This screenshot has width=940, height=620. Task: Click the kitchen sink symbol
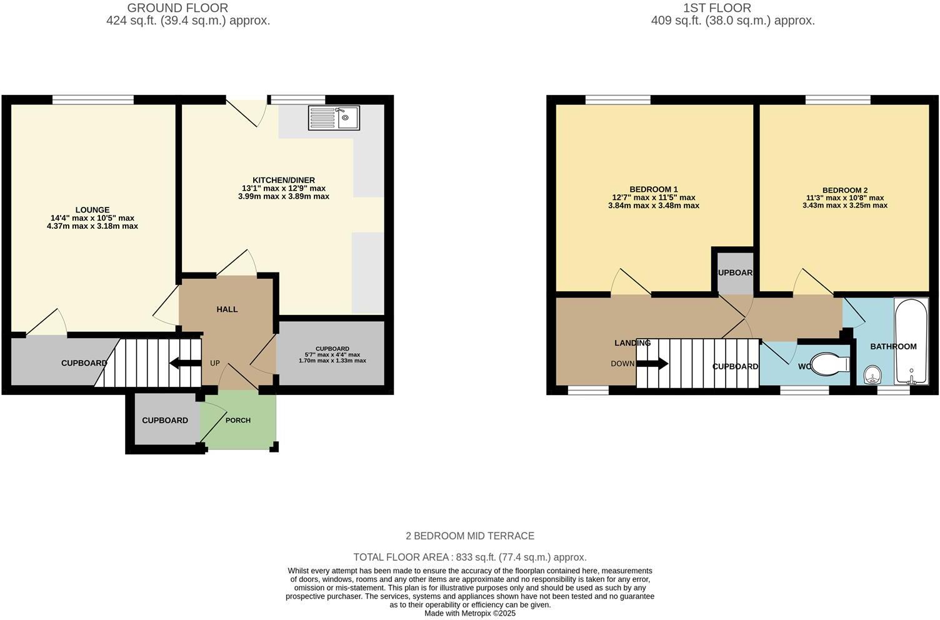point(334,117)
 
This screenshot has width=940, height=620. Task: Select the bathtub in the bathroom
point(911,341)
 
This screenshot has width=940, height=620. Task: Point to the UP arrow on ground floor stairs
point(184,363)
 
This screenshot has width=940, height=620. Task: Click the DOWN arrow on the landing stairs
point(653,363)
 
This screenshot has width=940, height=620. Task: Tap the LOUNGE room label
point(92,210)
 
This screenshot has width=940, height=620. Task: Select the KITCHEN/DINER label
point(283,180)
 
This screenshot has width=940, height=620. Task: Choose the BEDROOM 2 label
point(844,190)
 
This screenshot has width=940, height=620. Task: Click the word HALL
point(227,309)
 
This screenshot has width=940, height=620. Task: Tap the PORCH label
point(238,420)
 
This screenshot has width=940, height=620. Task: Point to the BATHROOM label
point(893,346)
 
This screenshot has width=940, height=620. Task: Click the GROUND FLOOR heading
point(177,8)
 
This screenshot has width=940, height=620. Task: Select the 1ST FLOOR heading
point(716,8)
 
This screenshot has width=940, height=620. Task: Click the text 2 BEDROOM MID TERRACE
point(470,536)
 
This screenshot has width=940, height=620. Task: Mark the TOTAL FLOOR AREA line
point(470,557)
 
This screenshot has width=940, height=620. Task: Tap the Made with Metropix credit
point(470,613)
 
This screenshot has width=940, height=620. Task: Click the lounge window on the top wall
point(93,99)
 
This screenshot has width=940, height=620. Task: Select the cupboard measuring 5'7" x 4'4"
point(332,354)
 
